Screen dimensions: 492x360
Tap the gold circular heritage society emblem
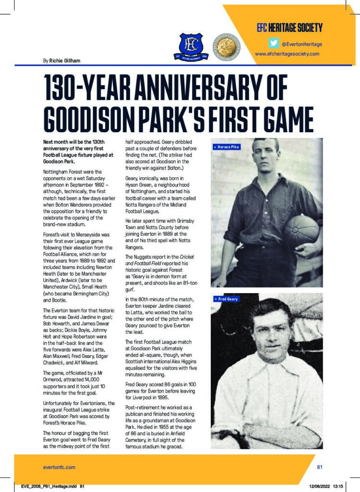click(223, 46)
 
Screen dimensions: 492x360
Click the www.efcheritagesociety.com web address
click(287, 54)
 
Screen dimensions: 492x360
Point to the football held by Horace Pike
click(301, 231)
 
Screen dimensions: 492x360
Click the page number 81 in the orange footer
click(320, 466)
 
